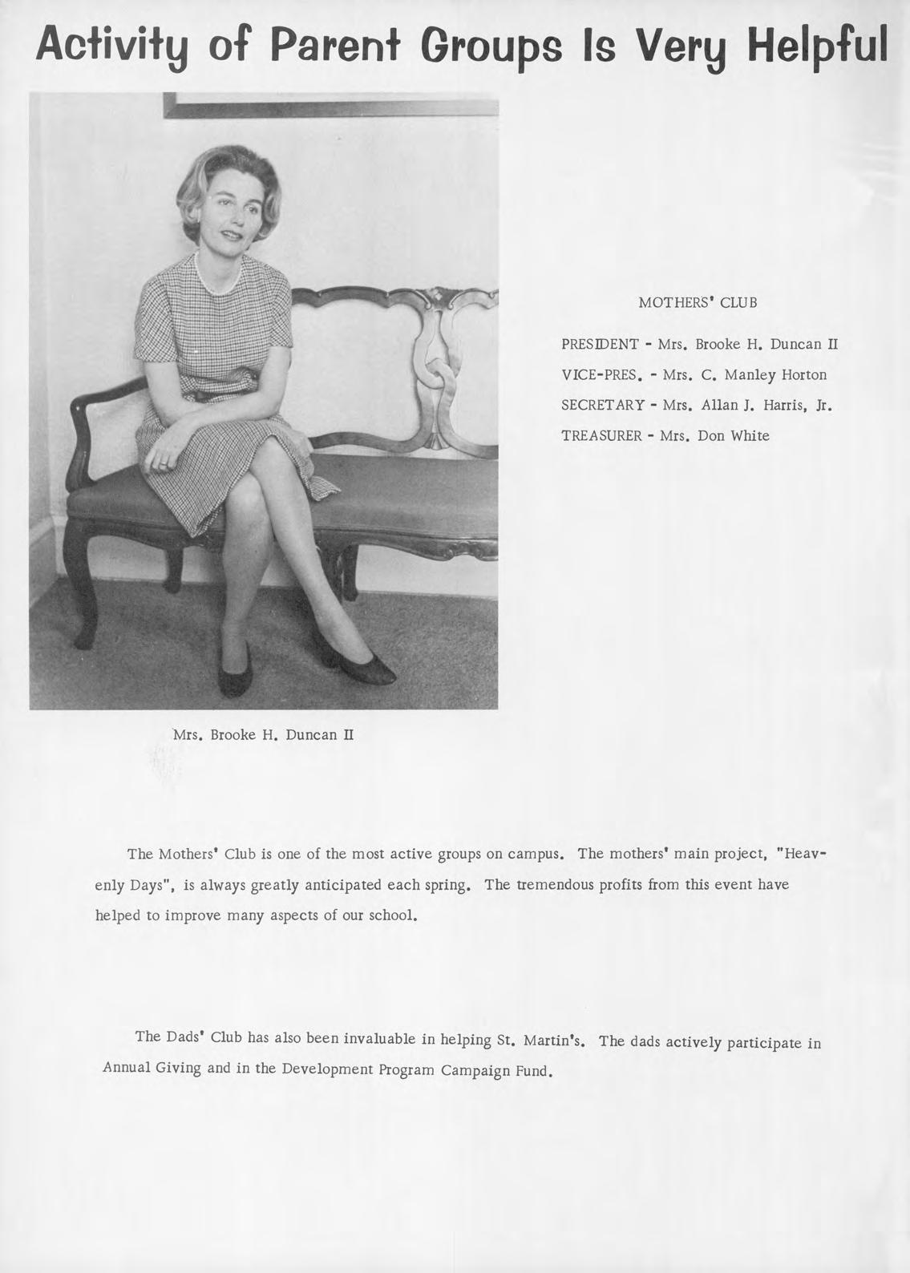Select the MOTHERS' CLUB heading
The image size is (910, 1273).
(x=698, y=303)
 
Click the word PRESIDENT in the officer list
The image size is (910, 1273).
(x=600, y=345)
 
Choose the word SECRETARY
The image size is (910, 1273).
(x=602, y=406)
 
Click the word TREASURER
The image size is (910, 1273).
(x=601, y=436)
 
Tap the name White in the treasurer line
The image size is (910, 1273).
(x=750, y=436)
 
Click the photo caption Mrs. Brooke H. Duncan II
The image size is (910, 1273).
(x=263, y=734)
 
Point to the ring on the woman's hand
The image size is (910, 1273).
(x=164, y=463)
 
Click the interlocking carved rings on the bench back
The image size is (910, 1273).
(x=438, y=377)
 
